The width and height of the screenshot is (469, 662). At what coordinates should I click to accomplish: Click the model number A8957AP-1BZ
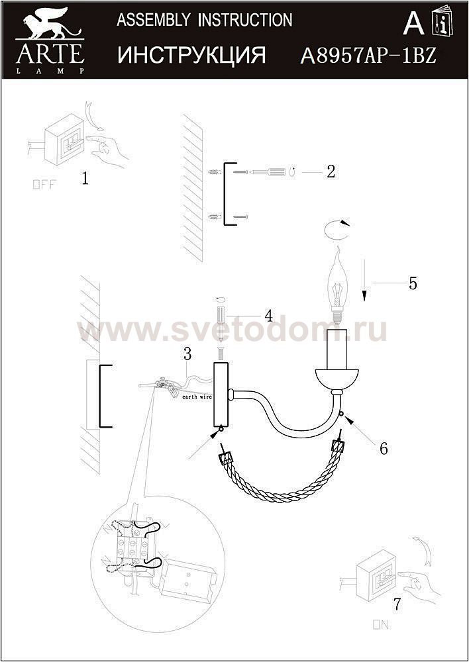(368, 56)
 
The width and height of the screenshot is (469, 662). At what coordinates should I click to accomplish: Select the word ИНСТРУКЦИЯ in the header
(192, 55)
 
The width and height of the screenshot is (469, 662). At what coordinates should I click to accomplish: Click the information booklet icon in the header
(442, 24)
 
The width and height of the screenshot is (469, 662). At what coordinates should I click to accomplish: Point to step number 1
(85, 179)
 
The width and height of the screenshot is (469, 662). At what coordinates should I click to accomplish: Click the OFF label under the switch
(44, 185)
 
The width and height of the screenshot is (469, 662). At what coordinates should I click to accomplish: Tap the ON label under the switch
(381, 625)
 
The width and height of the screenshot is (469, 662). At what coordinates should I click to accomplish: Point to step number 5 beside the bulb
(413, 283)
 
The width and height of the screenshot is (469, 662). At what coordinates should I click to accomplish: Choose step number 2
(331, 171)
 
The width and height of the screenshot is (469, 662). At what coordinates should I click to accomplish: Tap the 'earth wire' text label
(197, 397)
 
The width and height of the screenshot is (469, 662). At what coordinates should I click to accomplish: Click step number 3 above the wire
(187, 354)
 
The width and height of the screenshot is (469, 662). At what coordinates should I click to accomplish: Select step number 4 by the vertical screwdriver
(269, 316)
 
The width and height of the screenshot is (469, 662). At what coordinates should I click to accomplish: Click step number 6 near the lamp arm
(384, 448)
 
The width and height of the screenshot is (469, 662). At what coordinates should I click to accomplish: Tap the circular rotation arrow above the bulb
(337, 230)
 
